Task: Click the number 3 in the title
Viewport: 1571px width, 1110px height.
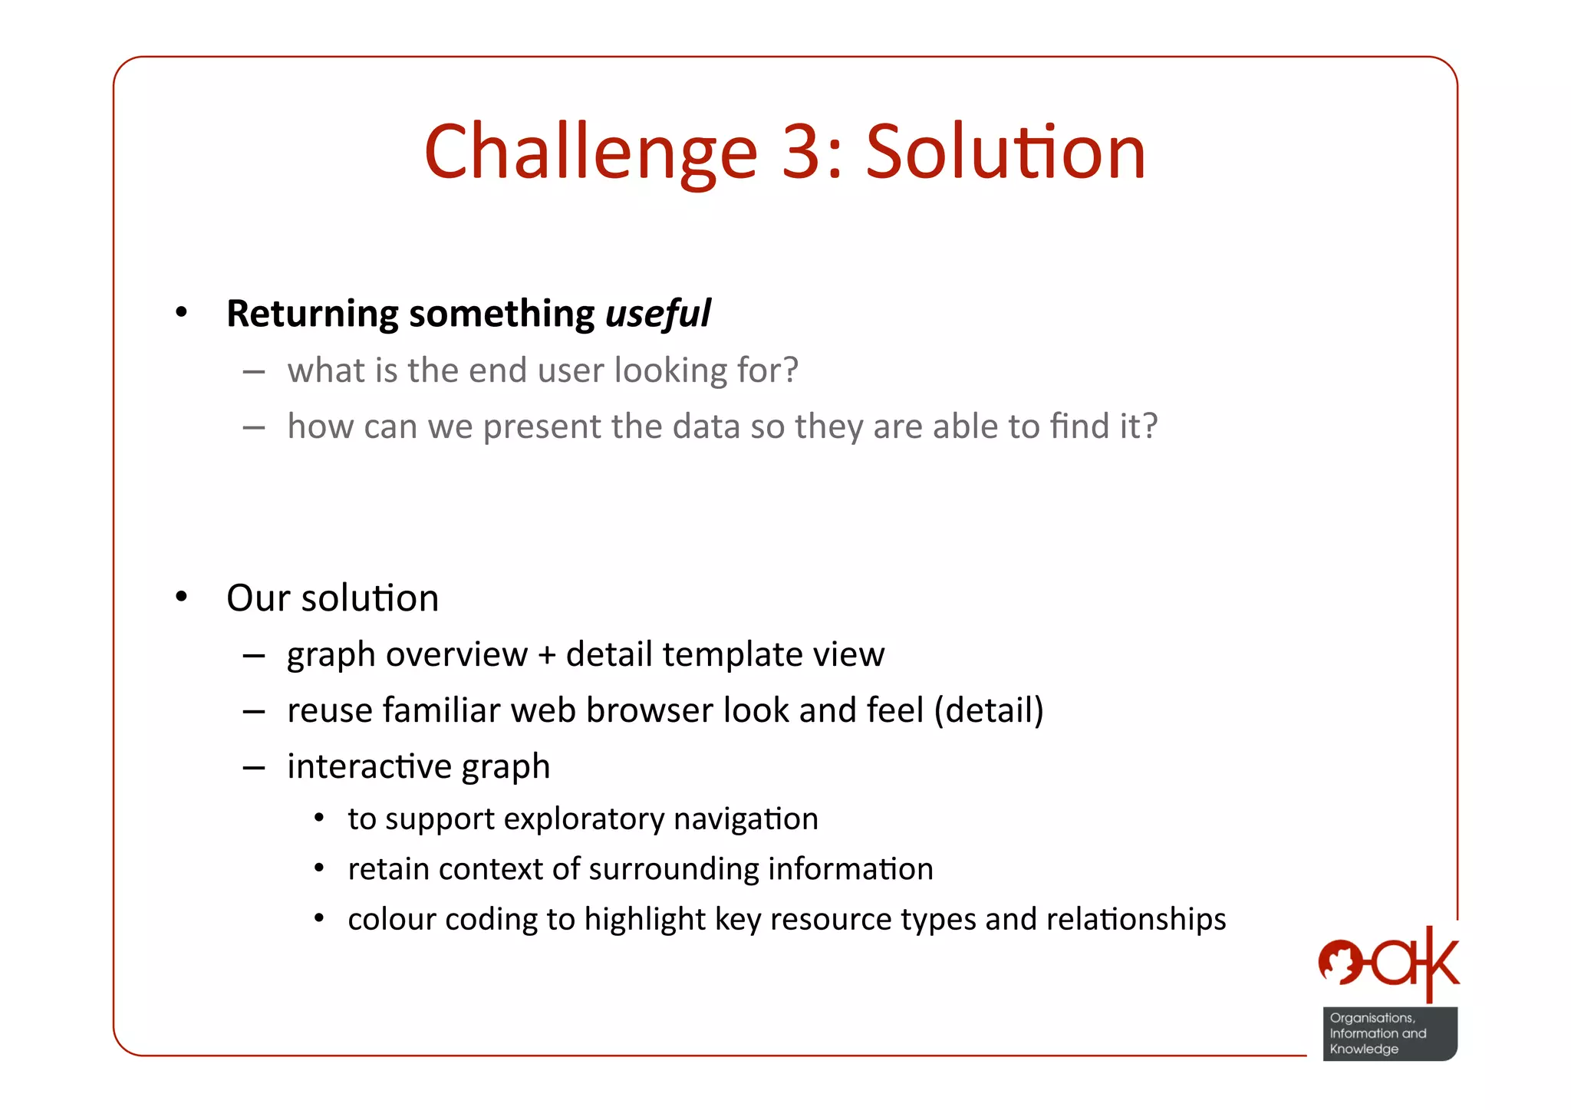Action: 801,152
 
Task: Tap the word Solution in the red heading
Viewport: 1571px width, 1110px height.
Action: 1005,152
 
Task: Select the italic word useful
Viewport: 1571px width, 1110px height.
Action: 657,314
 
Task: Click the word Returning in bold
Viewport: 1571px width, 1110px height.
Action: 312,315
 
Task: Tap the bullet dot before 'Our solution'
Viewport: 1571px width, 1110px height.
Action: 181,597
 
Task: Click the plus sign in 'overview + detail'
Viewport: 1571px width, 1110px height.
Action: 546,655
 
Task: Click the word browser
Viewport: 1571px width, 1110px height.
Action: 649,711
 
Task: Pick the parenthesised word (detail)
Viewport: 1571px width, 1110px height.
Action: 988,711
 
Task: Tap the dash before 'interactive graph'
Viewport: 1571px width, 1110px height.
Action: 254,767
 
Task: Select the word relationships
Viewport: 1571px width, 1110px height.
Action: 1135,919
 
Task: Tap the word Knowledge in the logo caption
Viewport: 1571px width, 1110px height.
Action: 1364,1049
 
